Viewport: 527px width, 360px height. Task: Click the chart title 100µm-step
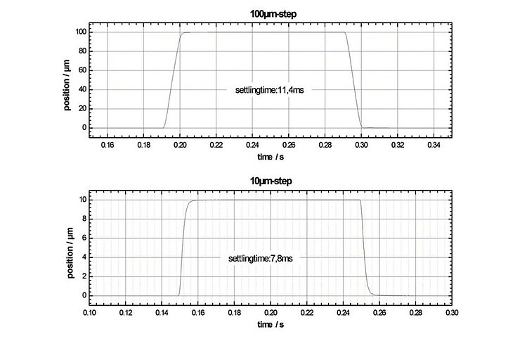coord(271,13)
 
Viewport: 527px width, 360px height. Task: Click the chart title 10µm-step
coord(271,181)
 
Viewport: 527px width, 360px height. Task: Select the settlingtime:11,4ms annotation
coord(269,90)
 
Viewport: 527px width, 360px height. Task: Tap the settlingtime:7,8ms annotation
coord(260,259)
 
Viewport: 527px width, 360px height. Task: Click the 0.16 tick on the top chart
coord(107,145)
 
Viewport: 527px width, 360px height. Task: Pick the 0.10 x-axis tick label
coord(89,311)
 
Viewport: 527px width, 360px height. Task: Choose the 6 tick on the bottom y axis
coord(83,238)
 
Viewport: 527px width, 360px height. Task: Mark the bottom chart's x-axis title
coord(271,324)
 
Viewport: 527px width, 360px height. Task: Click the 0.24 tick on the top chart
coord(252,145)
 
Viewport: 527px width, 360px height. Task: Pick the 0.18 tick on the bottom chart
coord(235,311)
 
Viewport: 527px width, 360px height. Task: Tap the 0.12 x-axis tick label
coord(126,311)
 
